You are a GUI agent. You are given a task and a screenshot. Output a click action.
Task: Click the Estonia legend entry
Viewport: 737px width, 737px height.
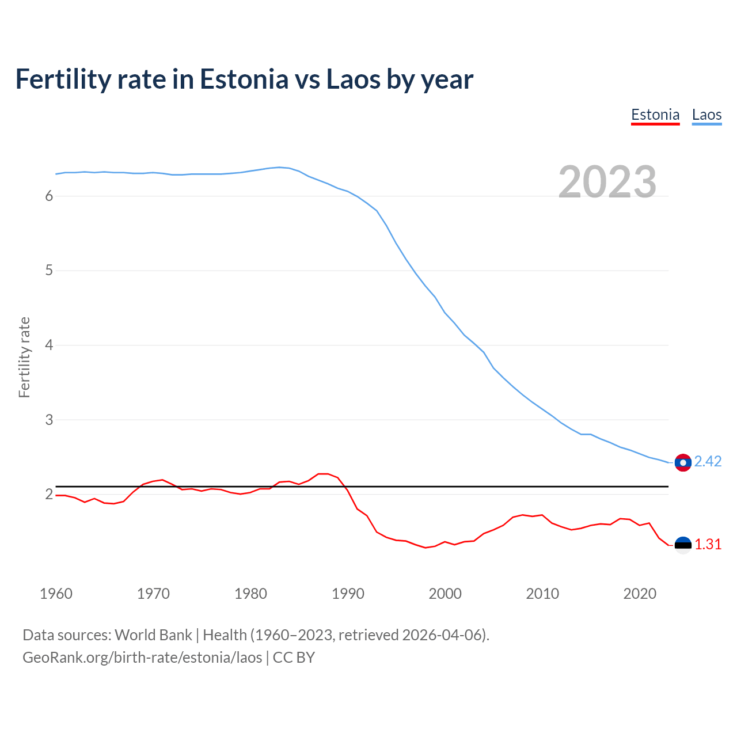(x=655, y=115)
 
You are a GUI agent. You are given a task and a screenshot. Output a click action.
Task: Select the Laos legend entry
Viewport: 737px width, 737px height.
(x=706, y=115)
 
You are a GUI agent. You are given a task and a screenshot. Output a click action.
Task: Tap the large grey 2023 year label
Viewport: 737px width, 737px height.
(x=607, y=182)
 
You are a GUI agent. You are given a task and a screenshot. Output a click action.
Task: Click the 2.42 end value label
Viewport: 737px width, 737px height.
(x=708, y=462)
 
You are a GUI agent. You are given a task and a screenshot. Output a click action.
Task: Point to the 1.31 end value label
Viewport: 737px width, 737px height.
(x=708, y=545)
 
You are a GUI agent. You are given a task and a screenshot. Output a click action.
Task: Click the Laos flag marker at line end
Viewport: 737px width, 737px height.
(x=683, y=462)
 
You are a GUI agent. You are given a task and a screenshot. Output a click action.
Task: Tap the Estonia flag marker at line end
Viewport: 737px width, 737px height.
(x=683, y=545)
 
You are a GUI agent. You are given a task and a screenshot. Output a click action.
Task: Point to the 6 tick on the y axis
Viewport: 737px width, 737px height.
(x=49, y=196)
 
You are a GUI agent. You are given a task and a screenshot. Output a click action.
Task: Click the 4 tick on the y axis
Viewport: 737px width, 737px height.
(x=49, y=345)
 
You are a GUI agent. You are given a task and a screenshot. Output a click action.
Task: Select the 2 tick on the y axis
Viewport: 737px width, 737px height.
(x=49, y=495)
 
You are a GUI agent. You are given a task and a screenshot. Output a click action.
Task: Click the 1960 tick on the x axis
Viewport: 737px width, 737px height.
(x=56, y=594)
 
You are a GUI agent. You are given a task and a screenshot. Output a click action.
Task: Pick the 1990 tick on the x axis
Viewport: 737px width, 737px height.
(x=348, y=594)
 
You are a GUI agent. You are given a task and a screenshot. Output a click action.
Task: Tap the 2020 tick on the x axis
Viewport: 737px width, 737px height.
(x=640, y=594)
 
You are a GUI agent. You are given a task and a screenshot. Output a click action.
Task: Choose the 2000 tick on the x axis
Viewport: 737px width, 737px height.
(x=445, y=594)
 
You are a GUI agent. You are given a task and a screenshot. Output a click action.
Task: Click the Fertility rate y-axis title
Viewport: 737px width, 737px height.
(x=24, y=357)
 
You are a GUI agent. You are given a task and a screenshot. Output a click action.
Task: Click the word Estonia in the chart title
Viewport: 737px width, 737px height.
(x=244, y=79)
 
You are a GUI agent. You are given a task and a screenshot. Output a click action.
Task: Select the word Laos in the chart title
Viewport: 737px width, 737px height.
(x=353, y=79)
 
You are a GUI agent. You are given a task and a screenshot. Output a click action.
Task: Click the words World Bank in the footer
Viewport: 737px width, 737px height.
(x=153, y=635)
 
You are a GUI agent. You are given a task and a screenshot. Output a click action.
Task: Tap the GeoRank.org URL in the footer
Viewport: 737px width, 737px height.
(x=142, y=658)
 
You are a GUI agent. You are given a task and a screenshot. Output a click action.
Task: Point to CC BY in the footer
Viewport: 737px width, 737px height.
(x=294, y=658)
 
